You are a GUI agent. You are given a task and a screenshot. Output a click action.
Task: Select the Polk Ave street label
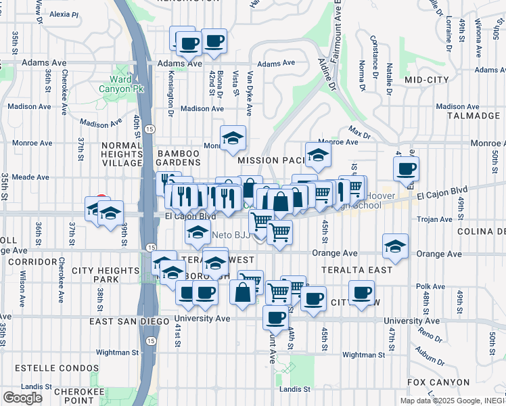[429, 286]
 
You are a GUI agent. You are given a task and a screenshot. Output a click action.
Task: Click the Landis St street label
[297, 389]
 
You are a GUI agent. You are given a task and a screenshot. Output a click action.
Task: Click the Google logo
[22, 398]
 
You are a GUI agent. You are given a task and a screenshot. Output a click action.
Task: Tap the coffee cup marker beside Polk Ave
[362, 292]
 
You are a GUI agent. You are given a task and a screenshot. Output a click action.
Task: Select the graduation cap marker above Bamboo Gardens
[233, 139]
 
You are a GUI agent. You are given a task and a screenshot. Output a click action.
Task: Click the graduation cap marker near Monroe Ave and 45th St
[317, 156]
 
